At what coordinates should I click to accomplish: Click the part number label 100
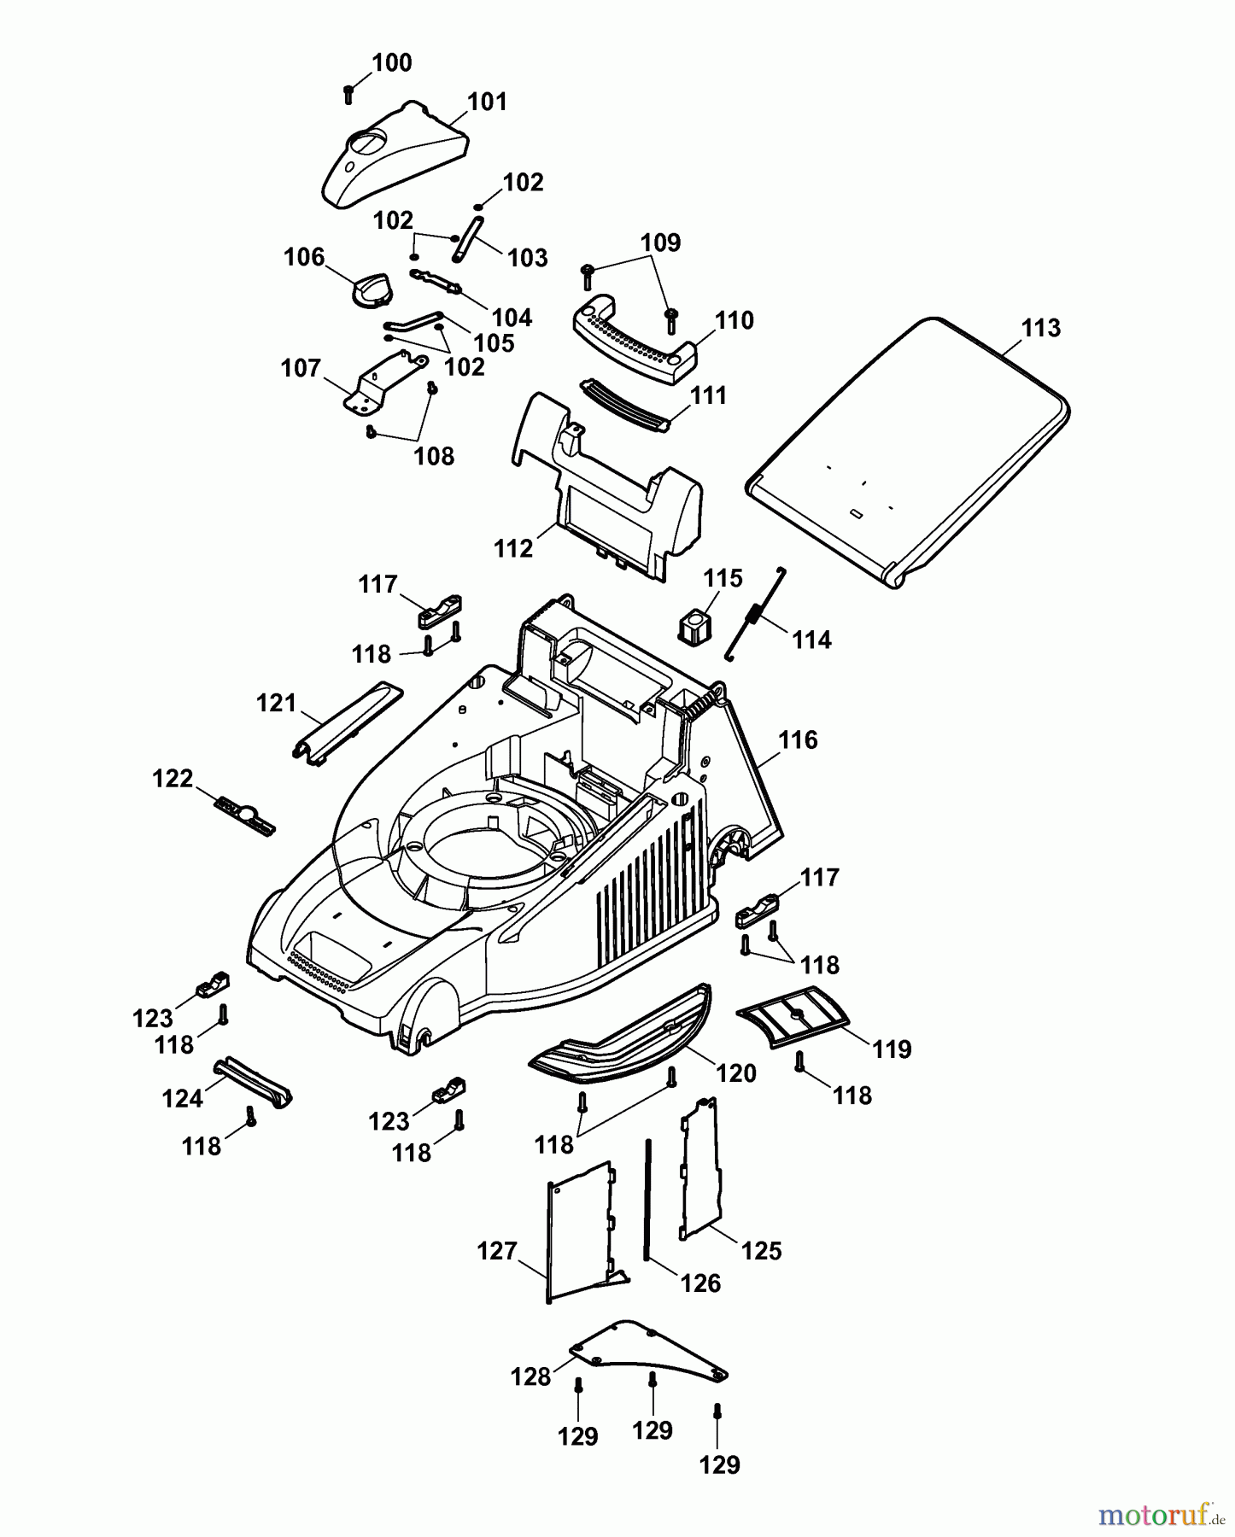(392, 63)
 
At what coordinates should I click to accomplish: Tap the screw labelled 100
(348, 93)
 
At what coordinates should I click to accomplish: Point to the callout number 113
(1040, 328)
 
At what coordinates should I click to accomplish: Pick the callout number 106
(304, 257)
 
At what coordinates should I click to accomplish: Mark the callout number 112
(513, 548)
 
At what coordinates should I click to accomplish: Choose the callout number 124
(183, 1098)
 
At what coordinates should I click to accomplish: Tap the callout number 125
(762, 1251)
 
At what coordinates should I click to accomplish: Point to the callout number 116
(799, 739)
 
